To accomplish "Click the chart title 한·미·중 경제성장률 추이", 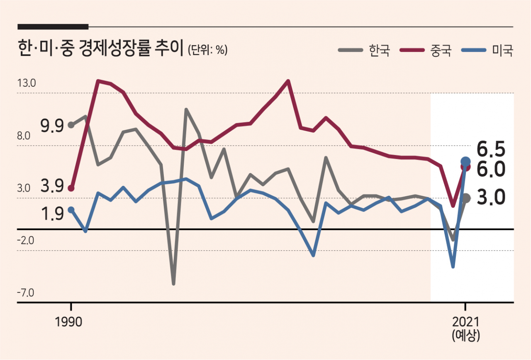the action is point(101,49).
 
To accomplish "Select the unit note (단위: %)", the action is point(208,50).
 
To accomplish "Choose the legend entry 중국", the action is point(426,50).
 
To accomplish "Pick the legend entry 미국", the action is point(487,50).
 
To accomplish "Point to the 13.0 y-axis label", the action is point(27,83).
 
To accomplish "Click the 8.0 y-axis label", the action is point(24,136).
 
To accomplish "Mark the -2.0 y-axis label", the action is point(26,241).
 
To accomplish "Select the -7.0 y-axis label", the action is point(26,293).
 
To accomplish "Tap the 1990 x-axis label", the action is point(68,322).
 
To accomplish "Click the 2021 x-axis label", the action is point(466,322).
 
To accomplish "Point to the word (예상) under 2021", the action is point(466,336).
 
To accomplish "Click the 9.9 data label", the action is point(52,126).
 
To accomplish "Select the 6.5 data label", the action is point(491,149).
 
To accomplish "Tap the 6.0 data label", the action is point(491,169).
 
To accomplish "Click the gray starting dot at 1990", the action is point(71,125).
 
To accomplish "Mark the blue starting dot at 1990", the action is point(71,210).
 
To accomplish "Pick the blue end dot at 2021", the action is point(465,162).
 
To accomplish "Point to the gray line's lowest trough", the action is point(173,283).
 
